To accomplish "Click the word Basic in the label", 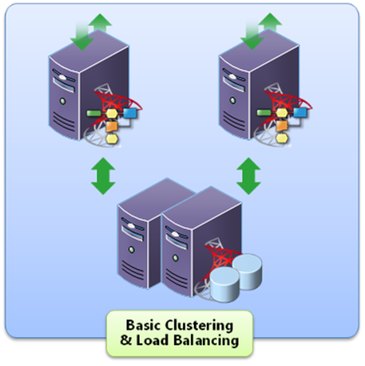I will pyautogui.click(x=141, y=325).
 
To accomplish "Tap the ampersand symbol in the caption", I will pyautogui.click(x=126, y=340).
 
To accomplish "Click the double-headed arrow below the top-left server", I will pyautogui.click(x=103, y=177).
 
